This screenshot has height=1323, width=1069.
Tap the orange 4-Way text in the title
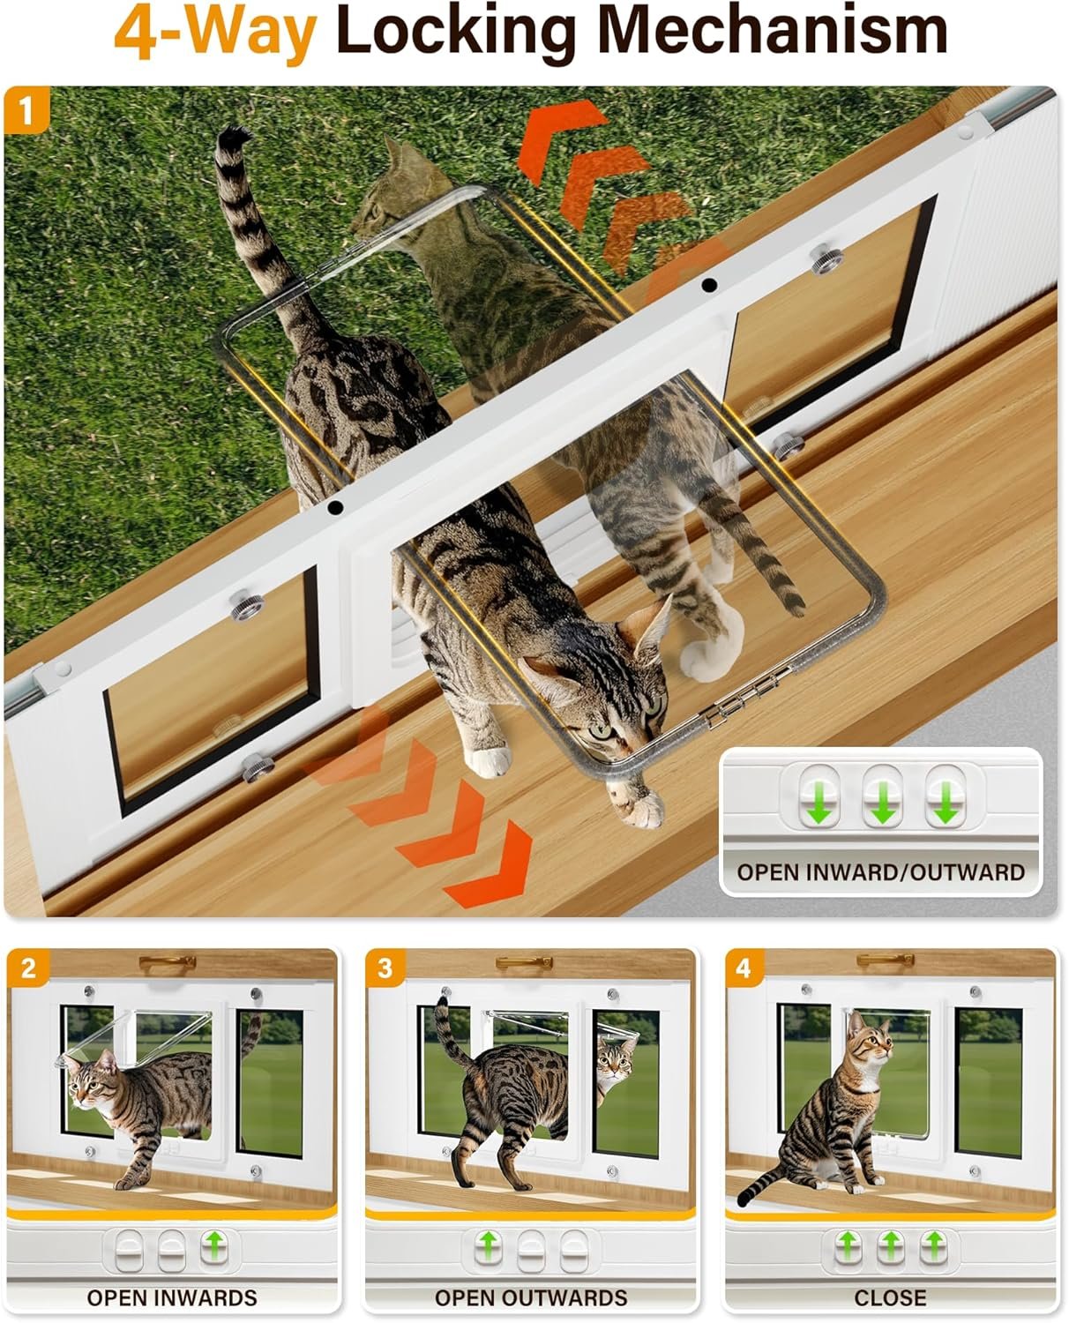215,33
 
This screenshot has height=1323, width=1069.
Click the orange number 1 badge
26,110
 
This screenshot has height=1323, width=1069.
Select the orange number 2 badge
28,968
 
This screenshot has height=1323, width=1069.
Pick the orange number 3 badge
385,968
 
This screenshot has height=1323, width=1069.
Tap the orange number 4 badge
744,968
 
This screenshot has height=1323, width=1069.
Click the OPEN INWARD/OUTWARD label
881,872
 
